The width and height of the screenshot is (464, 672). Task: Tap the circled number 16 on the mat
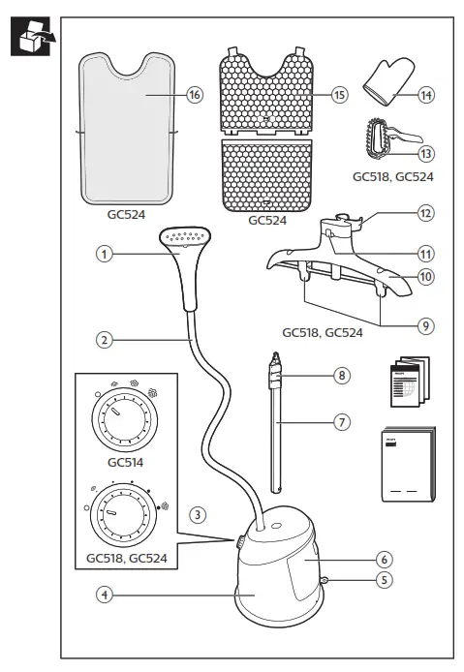(x=194, y=96)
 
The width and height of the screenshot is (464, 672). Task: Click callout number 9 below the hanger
(x=424, y=326)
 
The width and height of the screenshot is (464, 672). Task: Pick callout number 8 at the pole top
(x=339, y=374)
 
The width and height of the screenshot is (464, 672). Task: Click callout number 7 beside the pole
(x=339, y=423)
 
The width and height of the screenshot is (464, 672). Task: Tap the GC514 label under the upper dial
(x=125, y=462)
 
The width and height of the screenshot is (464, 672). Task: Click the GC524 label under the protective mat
(x=126, y=218)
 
